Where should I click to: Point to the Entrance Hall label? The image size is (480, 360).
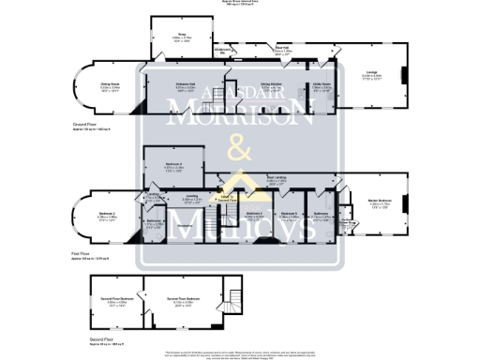point(184,84)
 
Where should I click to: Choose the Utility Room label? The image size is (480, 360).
point(321,85)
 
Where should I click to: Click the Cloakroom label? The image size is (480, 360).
point(223,50)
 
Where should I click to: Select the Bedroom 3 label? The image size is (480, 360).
point(172,166)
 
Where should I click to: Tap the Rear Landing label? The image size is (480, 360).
point(276,177)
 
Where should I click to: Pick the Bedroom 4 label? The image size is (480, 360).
point(254,214)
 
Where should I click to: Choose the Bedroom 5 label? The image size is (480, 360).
point(290,214)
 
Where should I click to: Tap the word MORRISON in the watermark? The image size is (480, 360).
point(239,118)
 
